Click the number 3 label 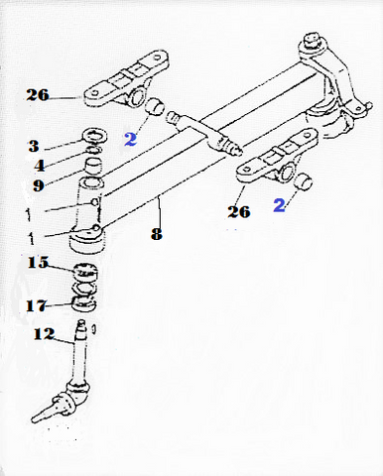tap(34, 146)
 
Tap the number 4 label tap(40, 166)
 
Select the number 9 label tap(39, 185)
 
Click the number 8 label tap(157, 234)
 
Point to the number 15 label tap(38, 263)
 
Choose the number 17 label tap(37, 305)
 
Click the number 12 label tap(44, 334)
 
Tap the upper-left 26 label tap(38, 95)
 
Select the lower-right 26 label tap(239, 211)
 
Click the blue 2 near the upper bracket tap(130, 139)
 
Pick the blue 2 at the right tap(279, 205)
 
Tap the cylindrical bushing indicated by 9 tap(92, 166)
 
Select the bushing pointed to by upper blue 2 tap(155, 107)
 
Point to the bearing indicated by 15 tap(85, 272)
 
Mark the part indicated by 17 tap(84, 303)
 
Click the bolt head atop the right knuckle tap(312, 39)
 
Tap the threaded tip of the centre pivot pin tap(237, 149)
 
